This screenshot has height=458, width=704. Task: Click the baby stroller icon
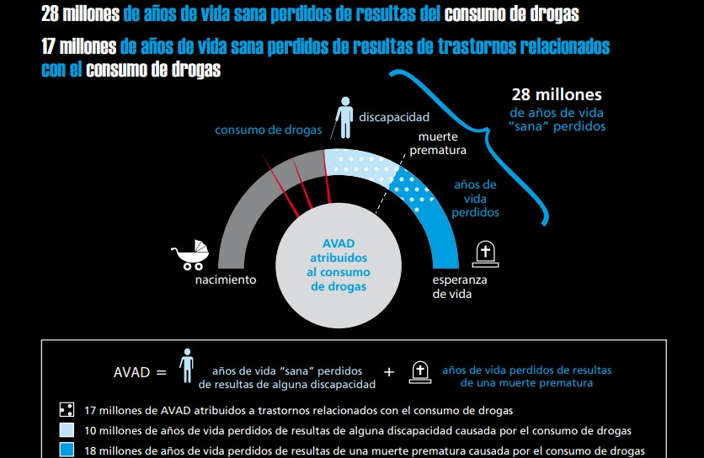point(190,254)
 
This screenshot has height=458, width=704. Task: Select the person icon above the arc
point(344,116)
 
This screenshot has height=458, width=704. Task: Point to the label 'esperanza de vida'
point(459,287)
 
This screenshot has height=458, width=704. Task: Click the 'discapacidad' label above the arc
point(394,117)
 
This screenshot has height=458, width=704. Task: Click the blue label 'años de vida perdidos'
point(475,198)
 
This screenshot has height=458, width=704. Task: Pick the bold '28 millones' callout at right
point(557,95)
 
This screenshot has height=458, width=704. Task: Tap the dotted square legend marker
point(66,411)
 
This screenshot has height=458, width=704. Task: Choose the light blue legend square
point(66,430)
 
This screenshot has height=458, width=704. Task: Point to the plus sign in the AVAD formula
point(389,371)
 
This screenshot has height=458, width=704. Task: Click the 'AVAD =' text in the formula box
point(140,371)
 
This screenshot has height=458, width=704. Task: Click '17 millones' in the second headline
point(78,46)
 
